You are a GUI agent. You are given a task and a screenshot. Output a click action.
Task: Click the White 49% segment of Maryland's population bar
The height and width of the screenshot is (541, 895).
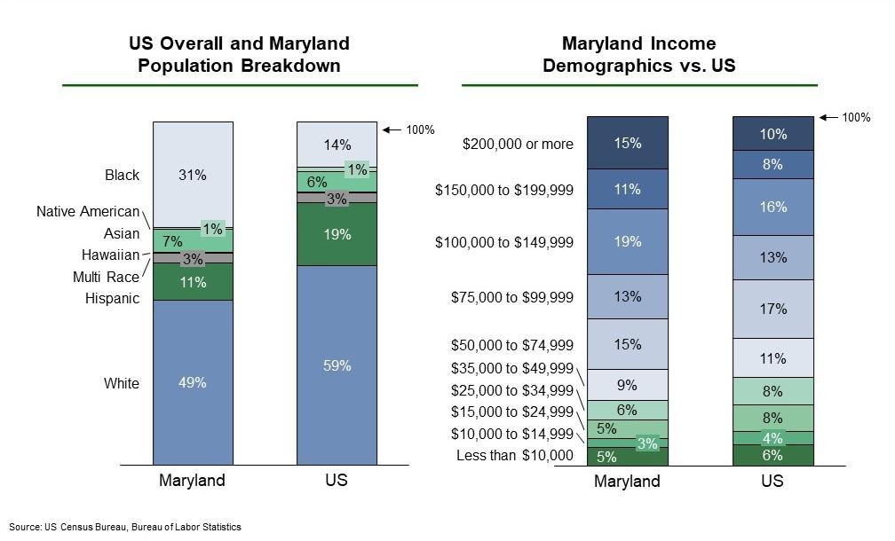(193, 383)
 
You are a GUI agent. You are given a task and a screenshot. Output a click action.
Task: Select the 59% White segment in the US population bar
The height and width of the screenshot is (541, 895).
(337, 365)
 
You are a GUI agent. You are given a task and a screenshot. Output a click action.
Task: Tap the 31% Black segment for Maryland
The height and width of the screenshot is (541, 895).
(193, 175)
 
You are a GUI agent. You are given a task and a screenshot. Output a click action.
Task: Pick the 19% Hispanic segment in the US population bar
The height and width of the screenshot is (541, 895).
(337, 235)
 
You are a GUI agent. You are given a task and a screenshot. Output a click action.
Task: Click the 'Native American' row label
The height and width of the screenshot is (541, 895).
(88, 211)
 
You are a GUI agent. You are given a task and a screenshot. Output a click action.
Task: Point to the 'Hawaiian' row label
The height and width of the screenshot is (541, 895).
(111, 255)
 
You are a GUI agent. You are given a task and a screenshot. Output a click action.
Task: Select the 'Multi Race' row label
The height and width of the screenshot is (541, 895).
(106, 278)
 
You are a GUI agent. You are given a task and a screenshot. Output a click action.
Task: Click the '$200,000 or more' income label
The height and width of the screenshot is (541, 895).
(518, 144)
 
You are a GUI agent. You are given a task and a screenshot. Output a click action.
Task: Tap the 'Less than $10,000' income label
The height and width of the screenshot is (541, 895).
(515, 456)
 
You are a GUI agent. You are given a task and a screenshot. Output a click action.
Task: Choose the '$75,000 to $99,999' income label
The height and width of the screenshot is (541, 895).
(512, 297)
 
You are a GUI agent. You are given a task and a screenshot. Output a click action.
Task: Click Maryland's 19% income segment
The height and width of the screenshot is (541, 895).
(627, 241)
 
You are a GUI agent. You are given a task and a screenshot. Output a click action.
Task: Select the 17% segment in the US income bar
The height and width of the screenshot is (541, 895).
(772, 309)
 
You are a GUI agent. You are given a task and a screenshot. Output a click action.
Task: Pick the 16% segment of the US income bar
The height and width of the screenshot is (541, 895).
(772, 207)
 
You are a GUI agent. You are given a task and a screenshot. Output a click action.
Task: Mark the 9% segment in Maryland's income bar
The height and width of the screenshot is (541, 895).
(627, 385)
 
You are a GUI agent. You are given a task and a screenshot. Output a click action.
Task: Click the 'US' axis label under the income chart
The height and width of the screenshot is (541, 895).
(772, 482)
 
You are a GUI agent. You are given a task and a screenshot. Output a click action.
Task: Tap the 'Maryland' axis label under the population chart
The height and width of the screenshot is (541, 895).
(193, 481)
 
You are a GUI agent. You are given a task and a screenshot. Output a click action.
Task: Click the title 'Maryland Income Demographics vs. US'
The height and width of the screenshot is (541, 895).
(638, 55)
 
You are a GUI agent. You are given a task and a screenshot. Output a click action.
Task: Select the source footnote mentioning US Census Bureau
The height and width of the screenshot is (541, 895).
(125, 527)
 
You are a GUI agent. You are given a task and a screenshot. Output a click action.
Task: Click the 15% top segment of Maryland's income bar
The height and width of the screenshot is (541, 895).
(627, 143)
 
